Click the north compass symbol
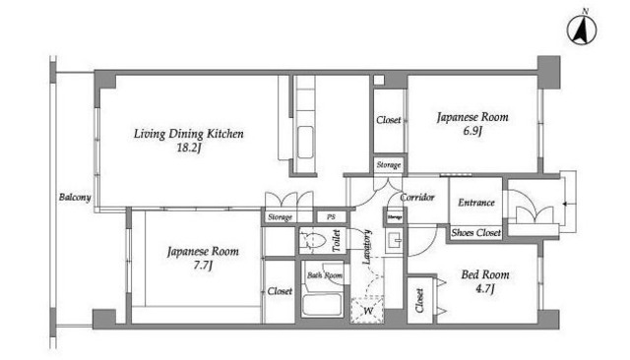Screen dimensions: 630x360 tap(582, 30)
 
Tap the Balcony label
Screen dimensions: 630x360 tap(75, 197)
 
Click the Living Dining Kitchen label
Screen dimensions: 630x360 tap(188, 133)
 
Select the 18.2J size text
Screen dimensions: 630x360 tap(188, 149)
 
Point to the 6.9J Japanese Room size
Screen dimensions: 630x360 tap(472, 131)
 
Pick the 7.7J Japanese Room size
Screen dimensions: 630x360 tap(202, 266)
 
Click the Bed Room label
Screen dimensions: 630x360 tap(485, 274)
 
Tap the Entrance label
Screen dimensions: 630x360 tap(476, 203)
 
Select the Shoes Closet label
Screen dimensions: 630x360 tap(476, 232)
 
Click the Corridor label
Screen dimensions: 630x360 tap(417, 197)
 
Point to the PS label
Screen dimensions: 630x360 tap(331, 217)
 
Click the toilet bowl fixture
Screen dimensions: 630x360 tap(312, 240)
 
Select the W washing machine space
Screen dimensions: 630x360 tap(367, 310)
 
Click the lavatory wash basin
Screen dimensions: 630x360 tap(394, 241)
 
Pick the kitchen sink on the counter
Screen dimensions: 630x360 tap(305, 143)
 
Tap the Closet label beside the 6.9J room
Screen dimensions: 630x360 tap(389, 120)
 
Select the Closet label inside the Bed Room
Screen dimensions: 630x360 tap(419, 301)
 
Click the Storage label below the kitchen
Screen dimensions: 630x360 tap(280, 217)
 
